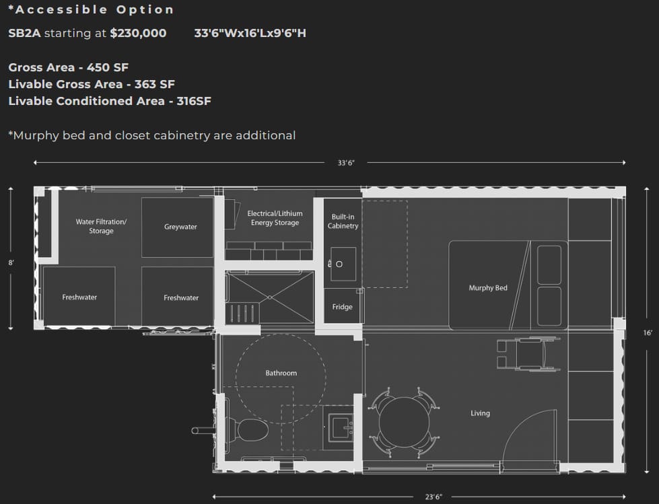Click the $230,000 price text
coord(138,33)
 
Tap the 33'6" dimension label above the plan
coord(346,163)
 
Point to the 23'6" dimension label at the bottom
coord(433,497)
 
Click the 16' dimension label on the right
coord(648,332)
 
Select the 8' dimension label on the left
coord(11,263)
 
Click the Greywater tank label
coord(180,227)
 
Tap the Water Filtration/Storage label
coord(101,226)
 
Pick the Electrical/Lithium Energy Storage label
coord(275,218)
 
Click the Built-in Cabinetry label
coord(343,221)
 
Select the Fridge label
coord(342,307)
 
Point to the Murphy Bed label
coord(488,288)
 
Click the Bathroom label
coord(281,373)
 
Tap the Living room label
coord(480,413)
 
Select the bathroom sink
coord(340,427)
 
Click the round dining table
coord(405,423)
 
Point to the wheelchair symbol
coord(528,355)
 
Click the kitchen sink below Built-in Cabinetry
coord(343,264)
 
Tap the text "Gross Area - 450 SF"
coord(69,67)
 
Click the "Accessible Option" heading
coord(91,9)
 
